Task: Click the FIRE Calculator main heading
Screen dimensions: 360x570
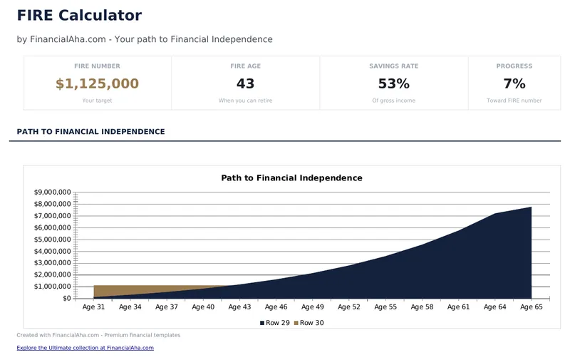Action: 79,16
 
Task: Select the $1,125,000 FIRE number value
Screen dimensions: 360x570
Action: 97,84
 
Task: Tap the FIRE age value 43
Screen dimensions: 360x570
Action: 245,84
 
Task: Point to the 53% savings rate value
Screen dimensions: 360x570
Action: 393,84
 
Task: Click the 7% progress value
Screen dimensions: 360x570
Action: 514,84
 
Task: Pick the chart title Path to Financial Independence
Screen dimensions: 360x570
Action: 291,178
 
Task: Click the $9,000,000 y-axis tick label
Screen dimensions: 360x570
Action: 52,192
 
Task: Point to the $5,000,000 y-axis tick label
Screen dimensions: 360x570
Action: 52,240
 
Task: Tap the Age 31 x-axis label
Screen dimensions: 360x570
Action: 93,307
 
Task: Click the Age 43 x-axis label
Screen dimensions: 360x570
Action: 239,307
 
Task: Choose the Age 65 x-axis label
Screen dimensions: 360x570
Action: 532,307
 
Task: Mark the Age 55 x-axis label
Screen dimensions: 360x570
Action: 385,307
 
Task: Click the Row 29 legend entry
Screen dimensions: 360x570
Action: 274,323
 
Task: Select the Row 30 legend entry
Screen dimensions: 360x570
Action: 310,323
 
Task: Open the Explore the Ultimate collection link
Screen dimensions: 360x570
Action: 85,348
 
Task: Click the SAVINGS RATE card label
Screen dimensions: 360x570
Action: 393,66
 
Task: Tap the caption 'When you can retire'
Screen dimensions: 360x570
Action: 245,101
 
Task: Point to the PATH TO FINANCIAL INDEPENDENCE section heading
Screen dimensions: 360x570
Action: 90,132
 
